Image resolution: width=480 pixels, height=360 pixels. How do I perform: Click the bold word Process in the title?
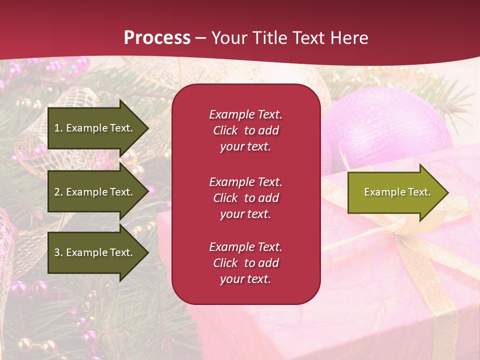157,38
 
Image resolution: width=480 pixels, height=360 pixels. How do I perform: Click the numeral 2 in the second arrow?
57,192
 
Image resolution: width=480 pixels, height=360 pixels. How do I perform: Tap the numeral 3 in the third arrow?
57,252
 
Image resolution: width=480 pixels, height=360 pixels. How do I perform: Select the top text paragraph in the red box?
245,130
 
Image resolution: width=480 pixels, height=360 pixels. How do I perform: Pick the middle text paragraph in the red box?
245,198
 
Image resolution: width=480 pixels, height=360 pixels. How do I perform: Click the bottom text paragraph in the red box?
245,263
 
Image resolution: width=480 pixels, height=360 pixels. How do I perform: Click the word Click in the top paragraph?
225,131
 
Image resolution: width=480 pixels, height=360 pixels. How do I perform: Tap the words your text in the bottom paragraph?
245,279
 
